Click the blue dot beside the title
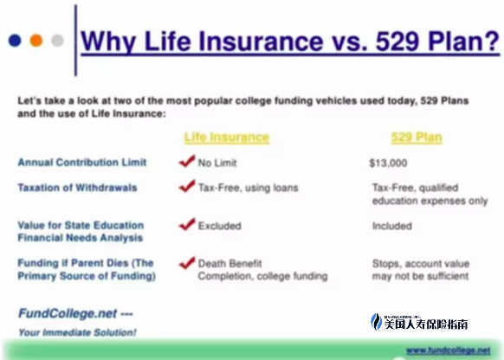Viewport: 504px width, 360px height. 15,41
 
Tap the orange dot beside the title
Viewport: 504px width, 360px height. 36,41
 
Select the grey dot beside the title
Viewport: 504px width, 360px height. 57,41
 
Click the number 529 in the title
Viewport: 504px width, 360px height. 397,42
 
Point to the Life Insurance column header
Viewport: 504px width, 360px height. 227,137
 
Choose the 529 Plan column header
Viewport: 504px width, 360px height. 417,138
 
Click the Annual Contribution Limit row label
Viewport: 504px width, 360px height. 82,162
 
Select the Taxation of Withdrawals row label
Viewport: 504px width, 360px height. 77,188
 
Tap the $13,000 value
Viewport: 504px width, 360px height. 388,164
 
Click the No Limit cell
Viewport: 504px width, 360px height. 217,163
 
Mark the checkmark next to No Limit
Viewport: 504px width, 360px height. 187,161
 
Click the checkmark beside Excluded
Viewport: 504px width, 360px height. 187,224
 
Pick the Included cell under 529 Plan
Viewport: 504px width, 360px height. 392,226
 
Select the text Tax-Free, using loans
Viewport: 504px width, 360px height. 249,188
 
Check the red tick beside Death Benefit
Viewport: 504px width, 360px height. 187,263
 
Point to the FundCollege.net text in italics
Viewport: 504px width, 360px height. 68,313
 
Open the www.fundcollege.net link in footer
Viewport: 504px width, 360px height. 449,350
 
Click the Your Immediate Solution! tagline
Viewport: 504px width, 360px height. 77,332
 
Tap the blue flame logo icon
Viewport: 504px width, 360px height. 376,322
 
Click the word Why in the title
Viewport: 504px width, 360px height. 108,42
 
